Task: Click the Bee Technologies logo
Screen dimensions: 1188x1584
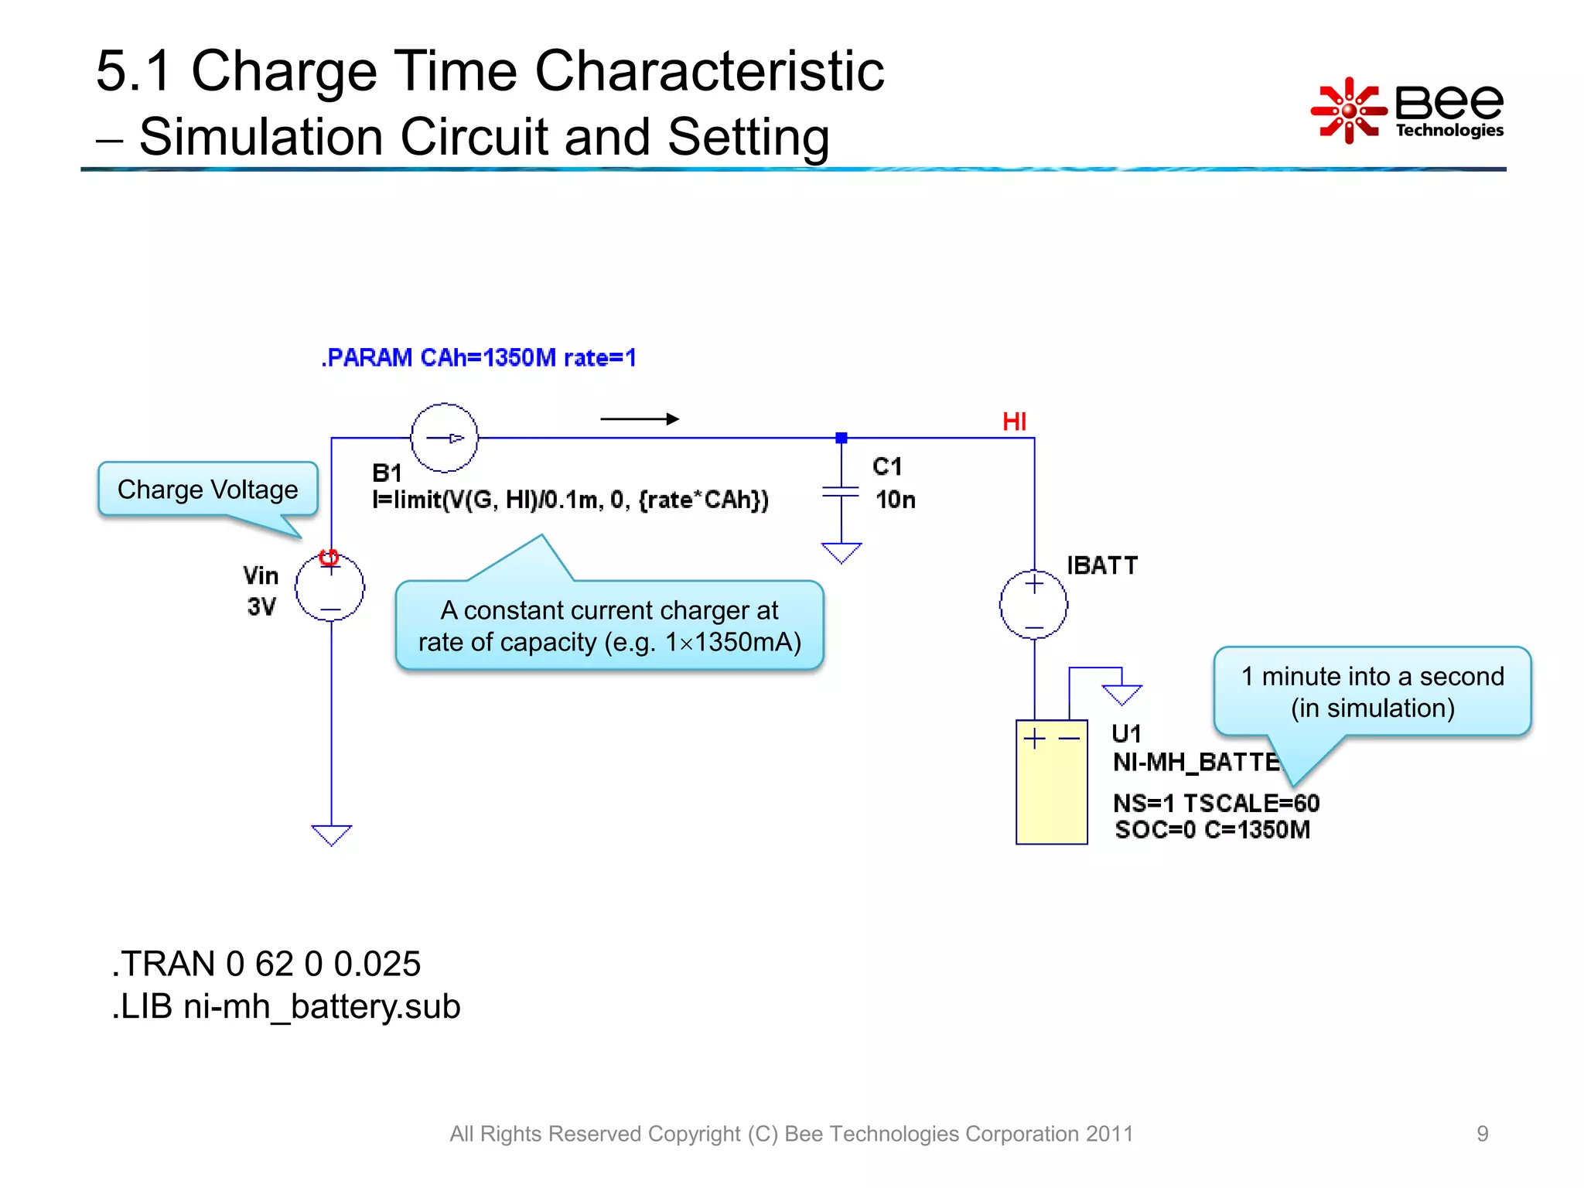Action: [1407, 111]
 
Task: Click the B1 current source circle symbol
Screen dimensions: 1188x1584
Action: [444, 438]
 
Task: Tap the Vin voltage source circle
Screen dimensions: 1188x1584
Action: [330, 587]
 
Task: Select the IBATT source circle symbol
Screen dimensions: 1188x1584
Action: [1033, 605]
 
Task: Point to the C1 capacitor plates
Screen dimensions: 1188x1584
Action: [841, 492]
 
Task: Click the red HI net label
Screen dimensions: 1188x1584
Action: [1014, 422]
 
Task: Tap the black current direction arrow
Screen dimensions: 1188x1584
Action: [640, 419]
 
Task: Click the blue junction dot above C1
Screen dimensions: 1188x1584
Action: [841, 438]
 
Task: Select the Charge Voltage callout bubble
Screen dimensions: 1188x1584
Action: [207, 490]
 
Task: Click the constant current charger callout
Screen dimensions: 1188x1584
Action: [609, 625]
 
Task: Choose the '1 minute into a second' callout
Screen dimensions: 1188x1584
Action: [1372, 691]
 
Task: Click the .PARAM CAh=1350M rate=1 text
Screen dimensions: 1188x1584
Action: [479, 357]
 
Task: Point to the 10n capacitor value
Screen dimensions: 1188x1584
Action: [896, 500]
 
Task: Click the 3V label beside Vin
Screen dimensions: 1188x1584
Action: [261, 606]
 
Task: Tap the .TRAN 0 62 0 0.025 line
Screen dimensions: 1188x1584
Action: [266, 964]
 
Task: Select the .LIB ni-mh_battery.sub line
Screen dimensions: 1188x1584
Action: [286, 1006]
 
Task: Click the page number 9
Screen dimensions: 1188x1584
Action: [1482, 1133]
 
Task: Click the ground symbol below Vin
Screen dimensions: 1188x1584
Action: [331, 835]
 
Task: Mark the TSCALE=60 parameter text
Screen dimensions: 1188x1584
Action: [1251, 803]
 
